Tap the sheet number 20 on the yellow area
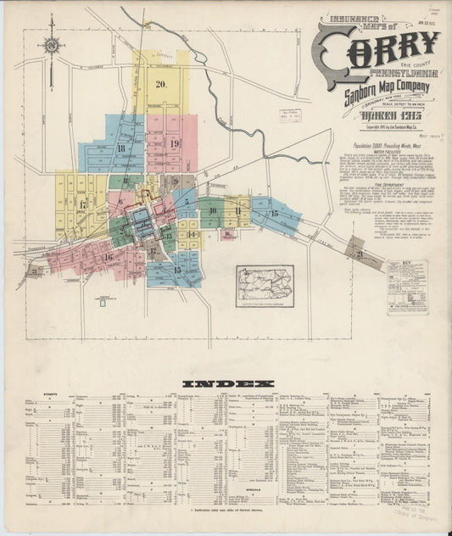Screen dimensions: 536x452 160,83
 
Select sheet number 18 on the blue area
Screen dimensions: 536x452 122,148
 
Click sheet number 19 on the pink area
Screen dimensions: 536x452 174,143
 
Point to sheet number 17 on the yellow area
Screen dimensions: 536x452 82,204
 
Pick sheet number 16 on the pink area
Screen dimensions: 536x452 108,256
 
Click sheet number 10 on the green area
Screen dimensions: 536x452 212,210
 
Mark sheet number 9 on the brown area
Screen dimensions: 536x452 176,181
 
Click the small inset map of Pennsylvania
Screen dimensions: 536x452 265,285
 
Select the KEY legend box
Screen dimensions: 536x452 407,288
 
